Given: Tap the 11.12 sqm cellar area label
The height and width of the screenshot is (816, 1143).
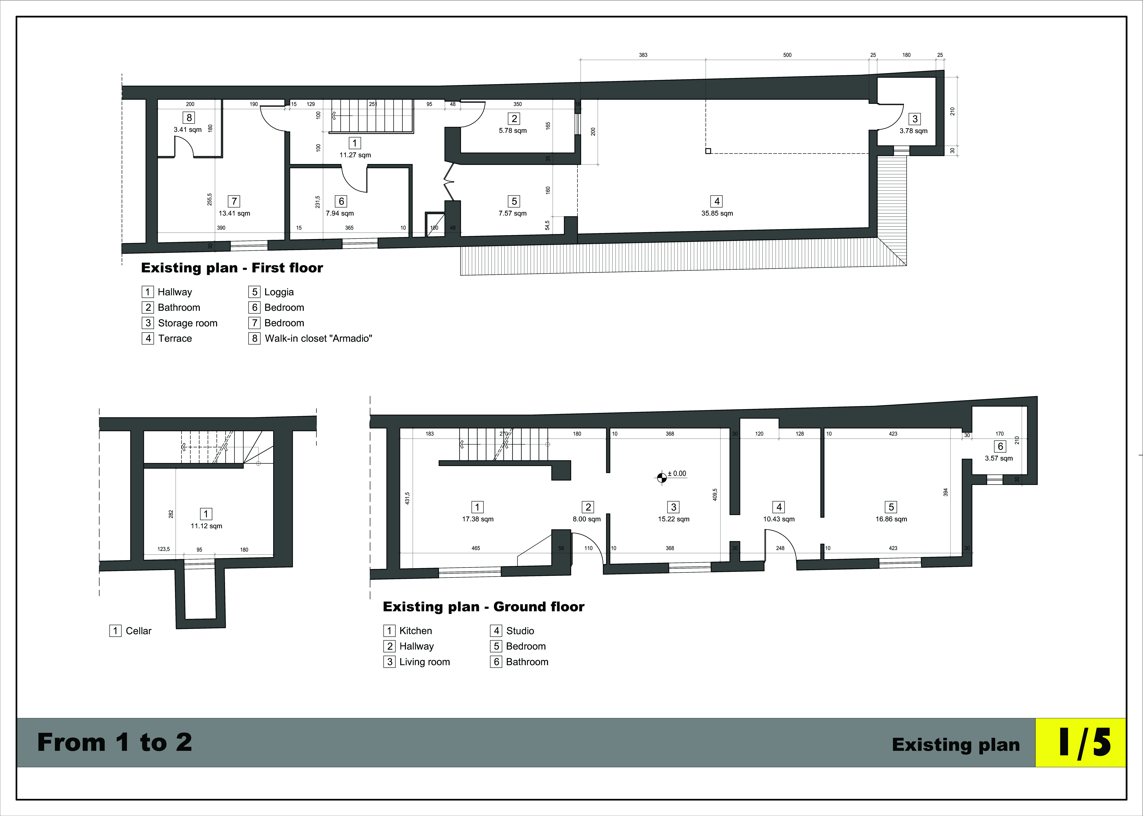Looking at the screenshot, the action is pyautogui.click(x=206, y=526).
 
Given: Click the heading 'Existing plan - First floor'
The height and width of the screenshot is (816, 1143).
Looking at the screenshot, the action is pyautogui.click(x=232, y=268).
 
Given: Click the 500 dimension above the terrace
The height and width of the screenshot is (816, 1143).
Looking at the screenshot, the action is pyautogui.click(x=787, y=55).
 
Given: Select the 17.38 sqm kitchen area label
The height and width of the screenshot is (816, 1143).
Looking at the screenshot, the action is pyautogui.click(x=477, y=519).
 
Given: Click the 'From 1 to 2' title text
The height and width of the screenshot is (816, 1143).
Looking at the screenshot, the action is pyautogui.click(x=115, y=743).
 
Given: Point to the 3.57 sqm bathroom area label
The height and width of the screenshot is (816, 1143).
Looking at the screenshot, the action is pyautogui.click(x=999, y=458).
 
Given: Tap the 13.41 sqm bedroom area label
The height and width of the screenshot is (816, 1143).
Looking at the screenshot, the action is pyautogui.click(x=234, y=214).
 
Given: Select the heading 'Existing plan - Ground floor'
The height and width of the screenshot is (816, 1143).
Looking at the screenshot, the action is pyautogui.click(x=484, y=607).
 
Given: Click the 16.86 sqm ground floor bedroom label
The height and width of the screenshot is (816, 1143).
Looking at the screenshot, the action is pyautogui.click(x=891, y=519).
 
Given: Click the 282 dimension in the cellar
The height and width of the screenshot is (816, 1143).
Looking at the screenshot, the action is pyautogui.click(x=171, y=514).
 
